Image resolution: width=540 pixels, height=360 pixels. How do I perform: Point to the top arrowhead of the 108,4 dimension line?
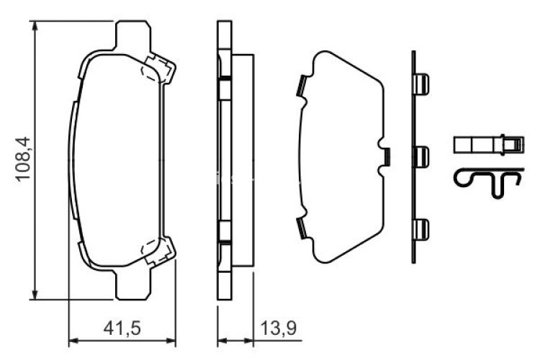coord(35,25)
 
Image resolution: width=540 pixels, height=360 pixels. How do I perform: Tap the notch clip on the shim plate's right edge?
coord(384,155)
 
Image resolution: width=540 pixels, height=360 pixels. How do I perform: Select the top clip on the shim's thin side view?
coord(423,84)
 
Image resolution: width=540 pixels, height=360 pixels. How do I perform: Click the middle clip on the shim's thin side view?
coord(423,155)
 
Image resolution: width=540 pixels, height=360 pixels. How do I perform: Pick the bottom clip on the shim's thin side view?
coord(423,229)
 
